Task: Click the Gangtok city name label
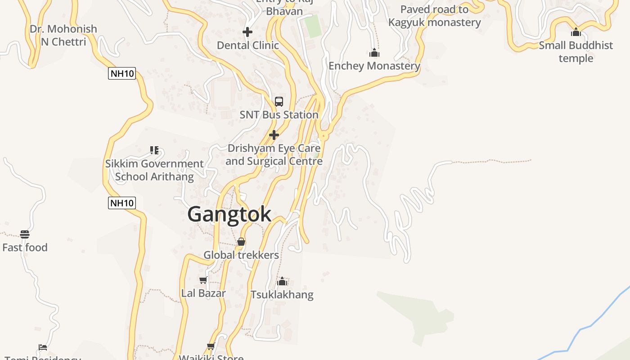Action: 229,214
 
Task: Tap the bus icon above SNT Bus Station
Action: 279,101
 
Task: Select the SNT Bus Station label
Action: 279,115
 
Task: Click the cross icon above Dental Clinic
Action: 247,32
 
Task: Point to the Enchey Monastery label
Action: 374,66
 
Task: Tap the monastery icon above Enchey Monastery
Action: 374,53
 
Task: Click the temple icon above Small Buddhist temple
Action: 576,32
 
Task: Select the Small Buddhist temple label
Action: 576,52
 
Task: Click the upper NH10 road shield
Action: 122,73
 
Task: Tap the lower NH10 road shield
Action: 122,203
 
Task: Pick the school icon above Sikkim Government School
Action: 154,150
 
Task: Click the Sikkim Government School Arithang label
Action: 154,170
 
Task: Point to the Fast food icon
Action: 25,234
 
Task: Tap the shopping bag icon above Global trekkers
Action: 241,242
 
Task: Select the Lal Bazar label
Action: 203,293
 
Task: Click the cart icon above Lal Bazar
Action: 203,280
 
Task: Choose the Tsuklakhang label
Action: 282,295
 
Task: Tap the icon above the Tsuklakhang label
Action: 282,282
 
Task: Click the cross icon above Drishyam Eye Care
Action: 274,135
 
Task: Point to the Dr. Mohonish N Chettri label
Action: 63,36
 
